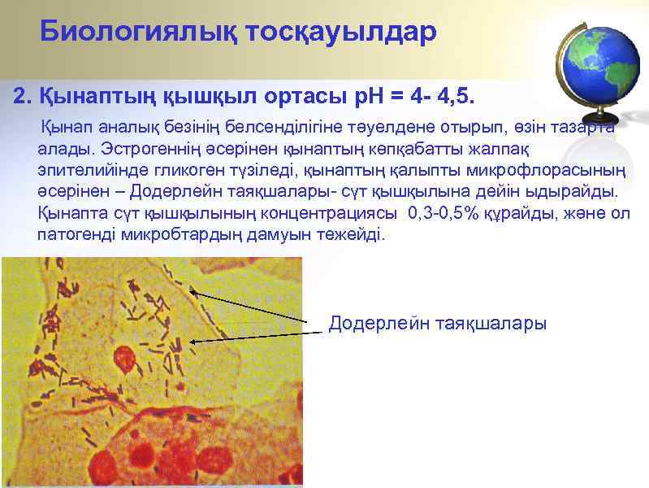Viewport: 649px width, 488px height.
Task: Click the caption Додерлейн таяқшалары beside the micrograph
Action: tap(437, 323)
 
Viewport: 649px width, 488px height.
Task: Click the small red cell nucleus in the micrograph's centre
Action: tap(124, 357)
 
